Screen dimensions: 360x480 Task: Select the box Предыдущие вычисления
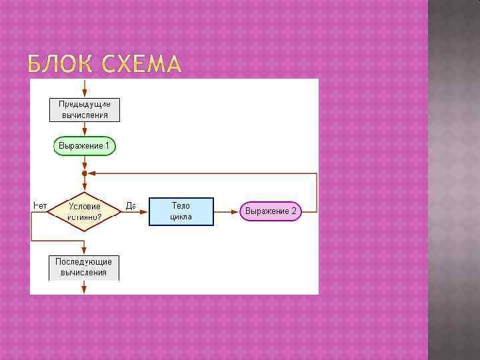(85, 109)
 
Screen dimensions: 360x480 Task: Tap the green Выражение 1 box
(85, 145)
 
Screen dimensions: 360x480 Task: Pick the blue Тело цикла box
(181, 211)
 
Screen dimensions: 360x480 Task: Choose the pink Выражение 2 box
(271, 211)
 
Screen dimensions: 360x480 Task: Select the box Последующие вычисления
(84, 267)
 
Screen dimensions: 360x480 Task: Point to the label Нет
(39, 206)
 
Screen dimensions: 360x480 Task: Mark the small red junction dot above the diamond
(85, 173)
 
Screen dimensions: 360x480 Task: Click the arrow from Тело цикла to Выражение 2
(226, 211)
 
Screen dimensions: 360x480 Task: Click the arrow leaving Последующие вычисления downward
(85, 287)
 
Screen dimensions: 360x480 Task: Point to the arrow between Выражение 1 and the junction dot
(85, 163)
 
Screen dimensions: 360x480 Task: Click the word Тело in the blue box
(181, 206)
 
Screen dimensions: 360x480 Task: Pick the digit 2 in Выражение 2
(294, 211)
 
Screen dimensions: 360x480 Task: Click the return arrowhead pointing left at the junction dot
(92, 173)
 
